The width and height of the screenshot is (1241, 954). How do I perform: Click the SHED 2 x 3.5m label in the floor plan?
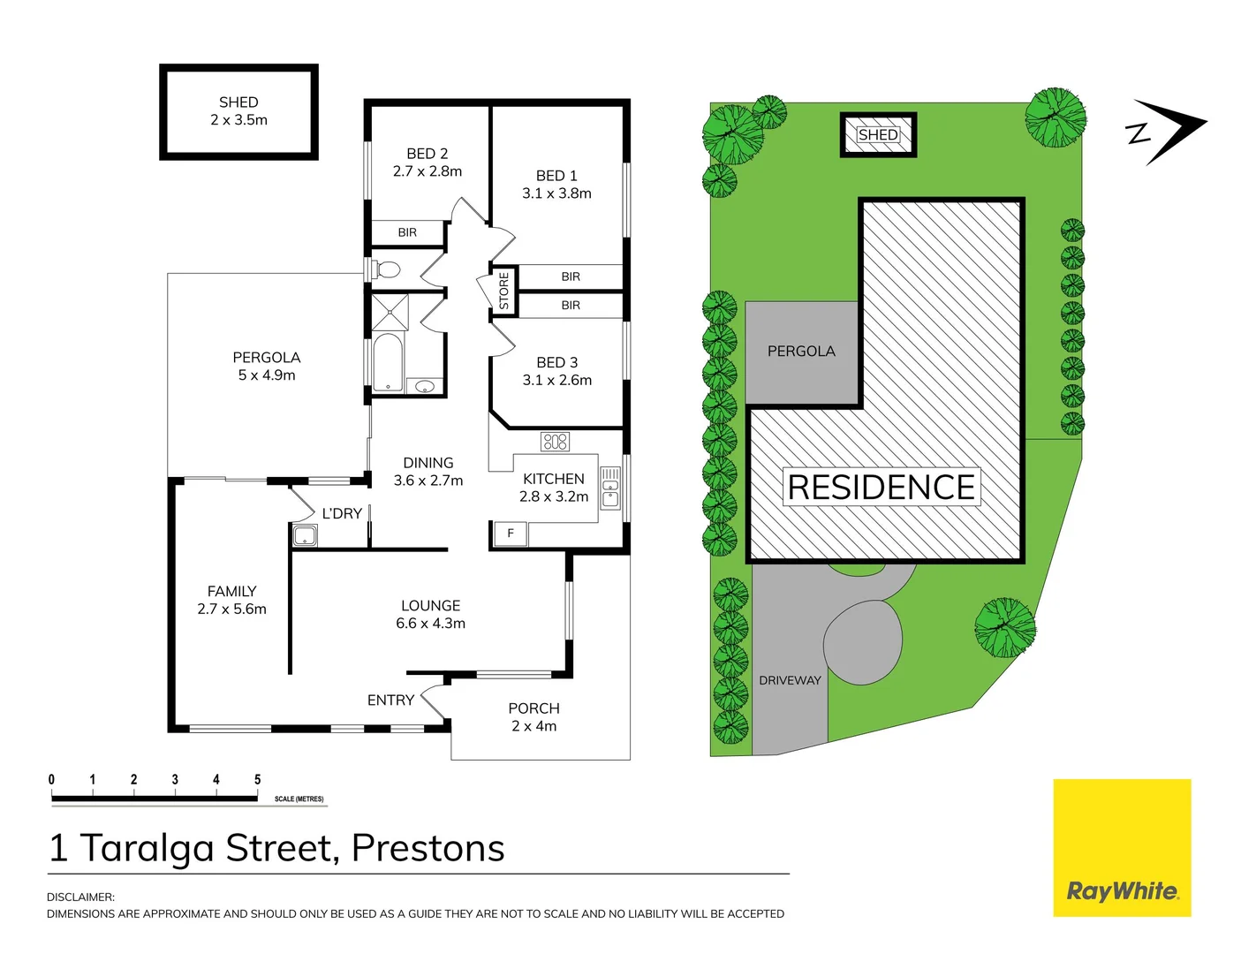click(x=238, y=111)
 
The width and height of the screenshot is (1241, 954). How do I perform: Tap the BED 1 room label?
click(x=556, y=185)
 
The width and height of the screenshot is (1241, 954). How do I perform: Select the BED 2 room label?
click(x=428, y=163)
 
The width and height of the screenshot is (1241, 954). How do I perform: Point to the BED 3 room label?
click(x=556, y=371)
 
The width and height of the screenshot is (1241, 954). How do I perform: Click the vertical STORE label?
click(x=504, y=291)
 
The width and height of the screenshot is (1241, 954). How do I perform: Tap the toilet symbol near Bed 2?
click(x=386, y=269)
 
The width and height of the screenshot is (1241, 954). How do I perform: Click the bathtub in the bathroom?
click(x=387, y=362)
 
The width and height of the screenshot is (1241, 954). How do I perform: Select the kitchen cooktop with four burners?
click(x=556, y=441)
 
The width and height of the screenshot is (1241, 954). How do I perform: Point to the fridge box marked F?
click(x=510, y=534)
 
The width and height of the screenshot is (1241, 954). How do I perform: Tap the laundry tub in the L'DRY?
click(x=305, y=535)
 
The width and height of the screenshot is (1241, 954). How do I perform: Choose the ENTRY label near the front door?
click(x=390, y=700)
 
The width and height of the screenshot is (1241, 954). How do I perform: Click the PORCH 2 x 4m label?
click(x=533, y=717)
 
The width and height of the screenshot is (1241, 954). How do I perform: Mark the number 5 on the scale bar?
click(x=257, y=780)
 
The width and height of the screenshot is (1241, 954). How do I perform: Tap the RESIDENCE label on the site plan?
click(x=881, y=488)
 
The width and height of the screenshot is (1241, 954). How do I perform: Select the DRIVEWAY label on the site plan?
click(x=790, y=680)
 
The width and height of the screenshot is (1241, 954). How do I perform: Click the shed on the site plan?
click(x=878, y=135)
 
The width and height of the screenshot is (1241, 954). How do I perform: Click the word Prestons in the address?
click(x=428, y=848)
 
